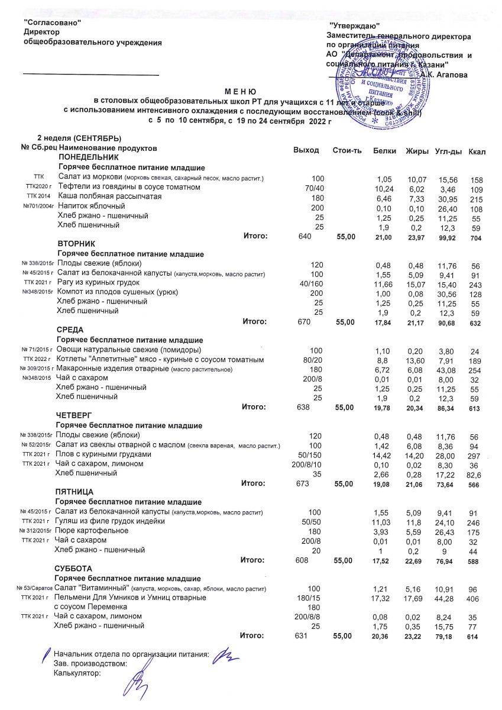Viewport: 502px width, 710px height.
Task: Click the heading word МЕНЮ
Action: coord(239,92)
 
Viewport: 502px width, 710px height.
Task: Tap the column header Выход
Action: coord(306,150)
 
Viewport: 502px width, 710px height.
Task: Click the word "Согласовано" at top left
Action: coord(51,22)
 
